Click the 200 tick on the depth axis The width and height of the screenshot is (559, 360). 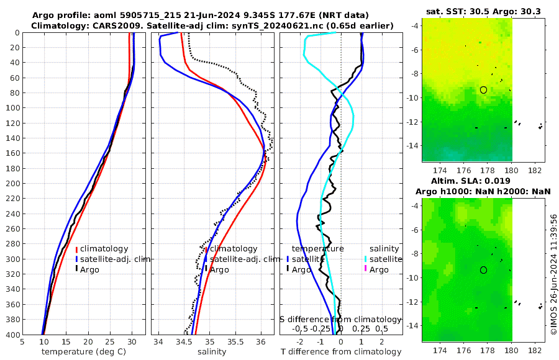click(x=12, y=184)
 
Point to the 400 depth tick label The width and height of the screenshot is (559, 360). click(x=12, y=335)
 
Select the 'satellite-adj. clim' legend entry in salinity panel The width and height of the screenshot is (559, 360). click(x=242, y=259)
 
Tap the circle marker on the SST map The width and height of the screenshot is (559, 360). click(x=483, y=90)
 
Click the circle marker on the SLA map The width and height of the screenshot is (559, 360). click(x=483, y=270)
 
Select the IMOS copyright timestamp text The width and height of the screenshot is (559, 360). click(x=553, y=275)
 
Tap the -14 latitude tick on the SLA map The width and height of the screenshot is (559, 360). click(x=413, y=325)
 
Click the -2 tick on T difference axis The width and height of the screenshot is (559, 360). click(x=301, y=341)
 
